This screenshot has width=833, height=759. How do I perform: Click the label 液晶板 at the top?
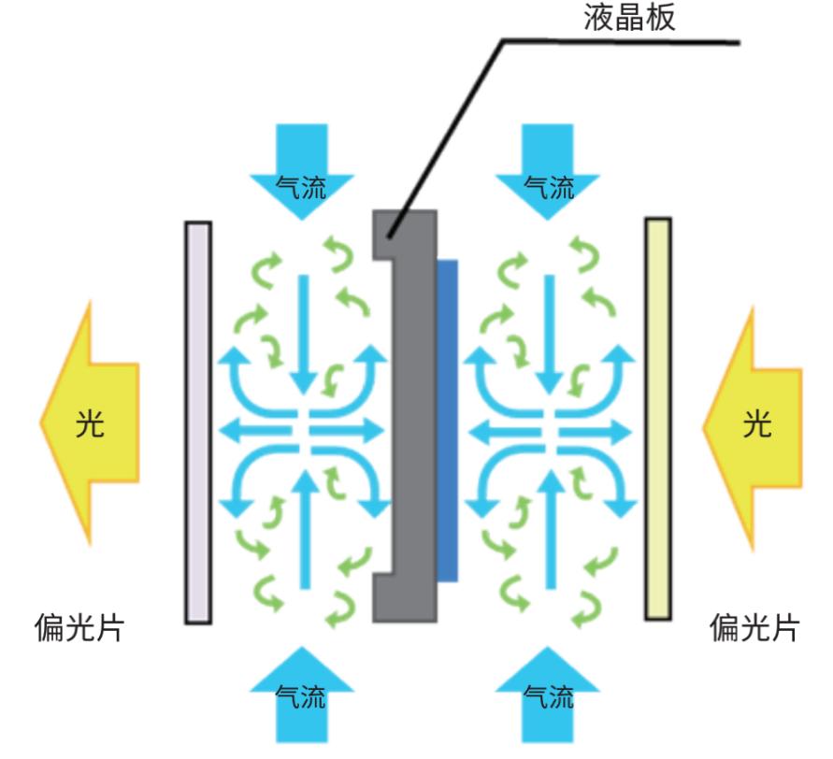point(627,19)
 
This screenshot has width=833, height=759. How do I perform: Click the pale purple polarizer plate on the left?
point(198,422)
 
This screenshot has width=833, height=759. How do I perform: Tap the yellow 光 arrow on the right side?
point(754,425)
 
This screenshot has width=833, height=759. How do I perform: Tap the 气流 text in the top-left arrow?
point(302,189)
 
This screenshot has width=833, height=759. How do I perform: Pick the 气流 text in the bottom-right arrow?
point(549,696)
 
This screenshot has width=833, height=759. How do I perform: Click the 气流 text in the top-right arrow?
point(550,189)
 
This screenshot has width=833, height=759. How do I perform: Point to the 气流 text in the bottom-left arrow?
point(302,696)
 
